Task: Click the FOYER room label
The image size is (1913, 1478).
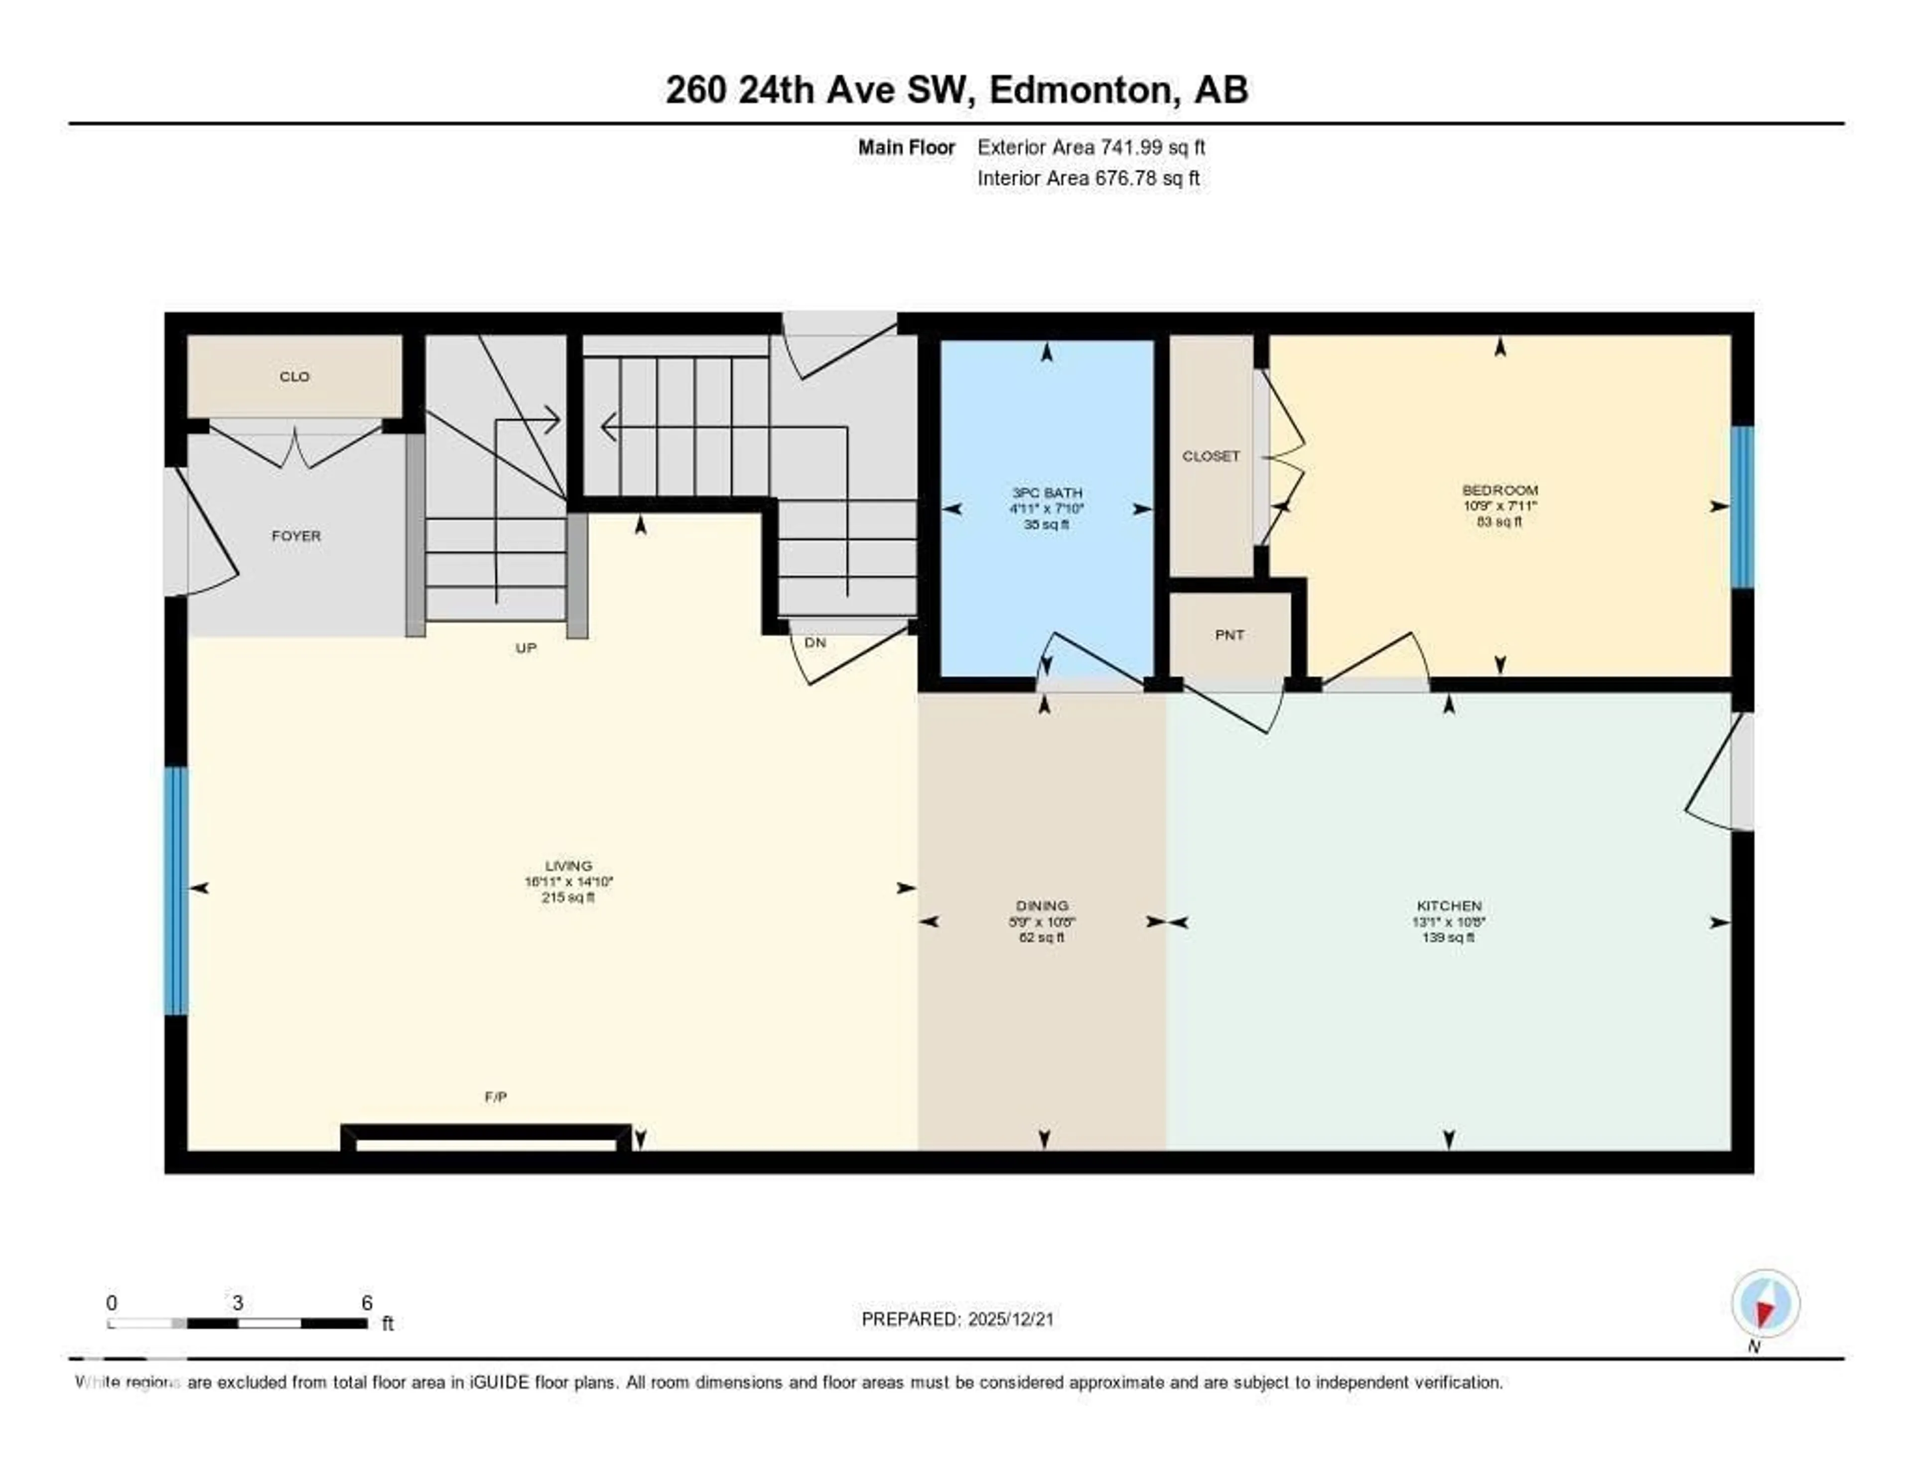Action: (x=296, y=535)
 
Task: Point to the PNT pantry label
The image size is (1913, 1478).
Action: (x=1229, y=635)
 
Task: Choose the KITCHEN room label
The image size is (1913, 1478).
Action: (x=1449, y=906)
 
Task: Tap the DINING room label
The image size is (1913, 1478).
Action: (x=1042, y=906)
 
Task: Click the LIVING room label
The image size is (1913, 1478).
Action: (x=568, y=866)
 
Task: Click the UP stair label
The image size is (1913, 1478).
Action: (x=526, y=648)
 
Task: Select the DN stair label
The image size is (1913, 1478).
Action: (x=815, y=642)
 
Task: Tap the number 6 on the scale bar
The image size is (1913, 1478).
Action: (x=367, y=1303)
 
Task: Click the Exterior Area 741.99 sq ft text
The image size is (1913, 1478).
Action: (x=1091, y=147)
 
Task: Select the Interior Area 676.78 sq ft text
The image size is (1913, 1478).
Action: (x=1088, y=179)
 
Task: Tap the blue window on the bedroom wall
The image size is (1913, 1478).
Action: (x=1742, y=506)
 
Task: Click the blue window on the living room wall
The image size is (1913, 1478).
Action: (x=176, y=891)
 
